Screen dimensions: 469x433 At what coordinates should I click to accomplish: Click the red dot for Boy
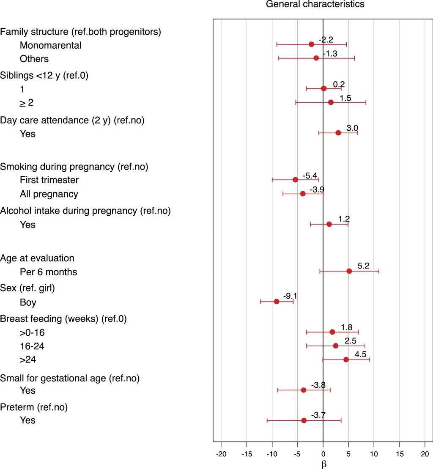click(x=277, y=302)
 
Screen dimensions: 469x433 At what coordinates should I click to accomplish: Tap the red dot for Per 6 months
click(x=349, y=271)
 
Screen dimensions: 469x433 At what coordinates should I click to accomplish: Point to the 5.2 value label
click(x=363, y=266)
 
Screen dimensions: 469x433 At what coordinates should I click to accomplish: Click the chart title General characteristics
click(x=315, y=5)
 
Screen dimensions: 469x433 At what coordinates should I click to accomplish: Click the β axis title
click(x=323, y=464)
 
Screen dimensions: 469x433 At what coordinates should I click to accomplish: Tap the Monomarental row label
click(x=50, y=45)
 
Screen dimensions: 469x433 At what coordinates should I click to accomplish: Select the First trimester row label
click(x=49, y=180)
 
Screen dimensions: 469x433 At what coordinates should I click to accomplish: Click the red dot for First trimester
click(x=296, y=180)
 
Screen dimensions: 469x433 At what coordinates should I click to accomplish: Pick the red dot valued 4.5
click(x=346, y=359)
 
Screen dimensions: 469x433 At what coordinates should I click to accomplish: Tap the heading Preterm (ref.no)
click(x=34, y=408)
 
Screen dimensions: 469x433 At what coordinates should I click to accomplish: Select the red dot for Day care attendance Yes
click(x=338, y=133)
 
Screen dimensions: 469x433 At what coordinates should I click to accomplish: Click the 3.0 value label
click(x=352, y=128)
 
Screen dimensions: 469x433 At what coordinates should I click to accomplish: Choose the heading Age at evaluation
click(x=37, y=258)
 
